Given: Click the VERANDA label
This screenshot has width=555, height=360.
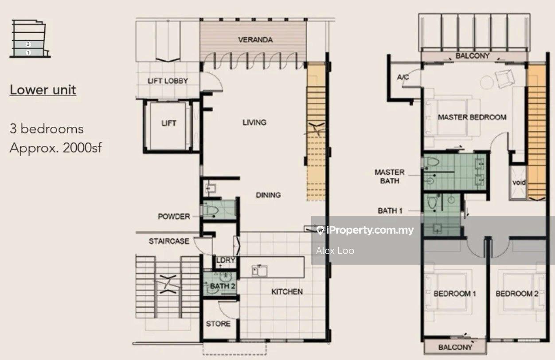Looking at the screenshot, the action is [x=255, y=39].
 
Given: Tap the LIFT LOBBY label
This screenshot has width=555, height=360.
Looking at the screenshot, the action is [x=168, y=81].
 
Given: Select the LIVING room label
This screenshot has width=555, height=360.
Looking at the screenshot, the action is [x=254, y=122].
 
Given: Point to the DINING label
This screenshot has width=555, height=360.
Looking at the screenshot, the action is [x=268, y=195].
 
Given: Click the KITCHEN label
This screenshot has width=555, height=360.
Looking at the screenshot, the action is [x=287, y=292].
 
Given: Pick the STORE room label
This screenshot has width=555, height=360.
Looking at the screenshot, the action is [x=218, y=324].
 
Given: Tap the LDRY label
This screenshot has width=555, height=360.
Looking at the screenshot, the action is [x=226, y=260].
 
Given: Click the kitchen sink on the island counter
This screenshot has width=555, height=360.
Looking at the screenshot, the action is [x=259, y=270].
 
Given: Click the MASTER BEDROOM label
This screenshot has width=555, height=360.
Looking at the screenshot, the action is [x=472, y=117].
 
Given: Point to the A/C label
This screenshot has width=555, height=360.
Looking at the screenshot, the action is [x=403, y=77].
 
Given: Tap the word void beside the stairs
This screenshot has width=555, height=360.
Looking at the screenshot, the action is [x=519, y=183].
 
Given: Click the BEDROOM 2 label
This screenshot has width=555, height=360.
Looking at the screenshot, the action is [x=517, y=293].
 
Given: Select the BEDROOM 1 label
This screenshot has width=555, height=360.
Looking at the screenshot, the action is [x=455, y=293].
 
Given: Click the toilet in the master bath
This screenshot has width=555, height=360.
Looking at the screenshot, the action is [x=432, y=162].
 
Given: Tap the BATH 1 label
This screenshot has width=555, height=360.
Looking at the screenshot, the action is [x=390, y=211].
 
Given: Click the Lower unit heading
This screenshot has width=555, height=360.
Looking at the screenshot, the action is [x=43, y=90].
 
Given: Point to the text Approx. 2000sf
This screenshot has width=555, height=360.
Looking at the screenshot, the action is [x=56, y=148].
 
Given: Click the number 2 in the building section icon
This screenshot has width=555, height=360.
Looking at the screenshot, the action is [x=28, y=44].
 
